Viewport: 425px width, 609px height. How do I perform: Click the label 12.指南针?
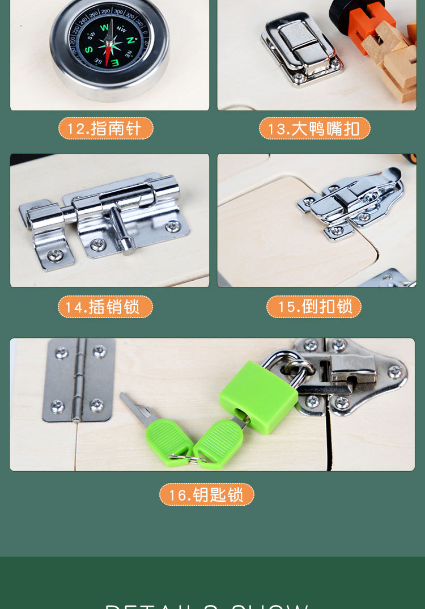(105, 128)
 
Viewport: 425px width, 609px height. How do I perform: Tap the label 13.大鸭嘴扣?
(314, 128)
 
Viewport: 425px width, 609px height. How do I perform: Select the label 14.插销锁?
(105, 307)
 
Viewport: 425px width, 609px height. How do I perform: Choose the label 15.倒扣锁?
(314, 307)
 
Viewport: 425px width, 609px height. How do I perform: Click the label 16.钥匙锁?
(207, 494)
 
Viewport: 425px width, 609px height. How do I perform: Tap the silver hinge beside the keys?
(78, 380)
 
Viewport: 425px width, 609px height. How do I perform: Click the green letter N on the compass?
(130, 40)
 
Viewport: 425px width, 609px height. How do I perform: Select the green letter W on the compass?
(104, 27)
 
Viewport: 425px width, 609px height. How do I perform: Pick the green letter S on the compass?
(89, 49)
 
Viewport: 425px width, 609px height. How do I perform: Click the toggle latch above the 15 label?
(351, 201)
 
